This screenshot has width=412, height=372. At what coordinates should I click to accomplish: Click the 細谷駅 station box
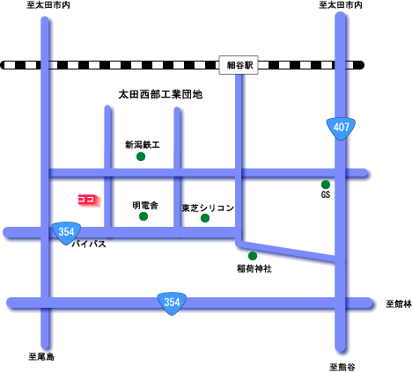point(239,65)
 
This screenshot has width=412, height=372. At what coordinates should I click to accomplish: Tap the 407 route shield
point(341,128)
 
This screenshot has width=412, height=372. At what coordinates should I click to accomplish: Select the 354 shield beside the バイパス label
point(66,233)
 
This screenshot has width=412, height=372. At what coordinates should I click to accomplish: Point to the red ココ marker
point(90,201)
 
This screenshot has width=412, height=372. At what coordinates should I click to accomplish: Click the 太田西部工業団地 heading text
point(160,94)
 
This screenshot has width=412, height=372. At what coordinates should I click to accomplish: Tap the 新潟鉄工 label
point(143,145)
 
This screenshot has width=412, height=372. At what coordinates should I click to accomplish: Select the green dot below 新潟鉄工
point(141,157)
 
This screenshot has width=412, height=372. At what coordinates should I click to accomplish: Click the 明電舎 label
point(145,205)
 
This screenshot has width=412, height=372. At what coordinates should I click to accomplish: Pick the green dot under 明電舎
point(143,216)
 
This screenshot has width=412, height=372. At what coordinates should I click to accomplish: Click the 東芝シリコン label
point(208,208)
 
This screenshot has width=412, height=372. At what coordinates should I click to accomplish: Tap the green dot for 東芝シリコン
point(205,218)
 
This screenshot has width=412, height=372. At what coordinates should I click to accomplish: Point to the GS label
point(326,194)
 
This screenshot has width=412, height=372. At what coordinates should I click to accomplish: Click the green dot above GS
point(326,185)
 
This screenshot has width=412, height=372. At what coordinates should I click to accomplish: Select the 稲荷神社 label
point(254,268)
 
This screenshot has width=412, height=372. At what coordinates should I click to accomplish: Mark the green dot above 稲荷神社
point(253,256)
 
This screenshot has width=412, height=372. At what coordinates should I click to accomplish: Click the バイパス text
point(89,244)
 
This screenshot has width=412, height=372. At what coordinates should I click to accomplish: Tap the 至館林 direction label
point(399,304)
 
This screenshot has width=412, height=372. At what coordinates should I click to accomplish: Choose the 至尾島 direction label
point(41,357)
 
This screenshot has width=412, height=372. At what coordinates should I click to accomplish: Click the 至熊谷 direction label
point(342,367)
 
